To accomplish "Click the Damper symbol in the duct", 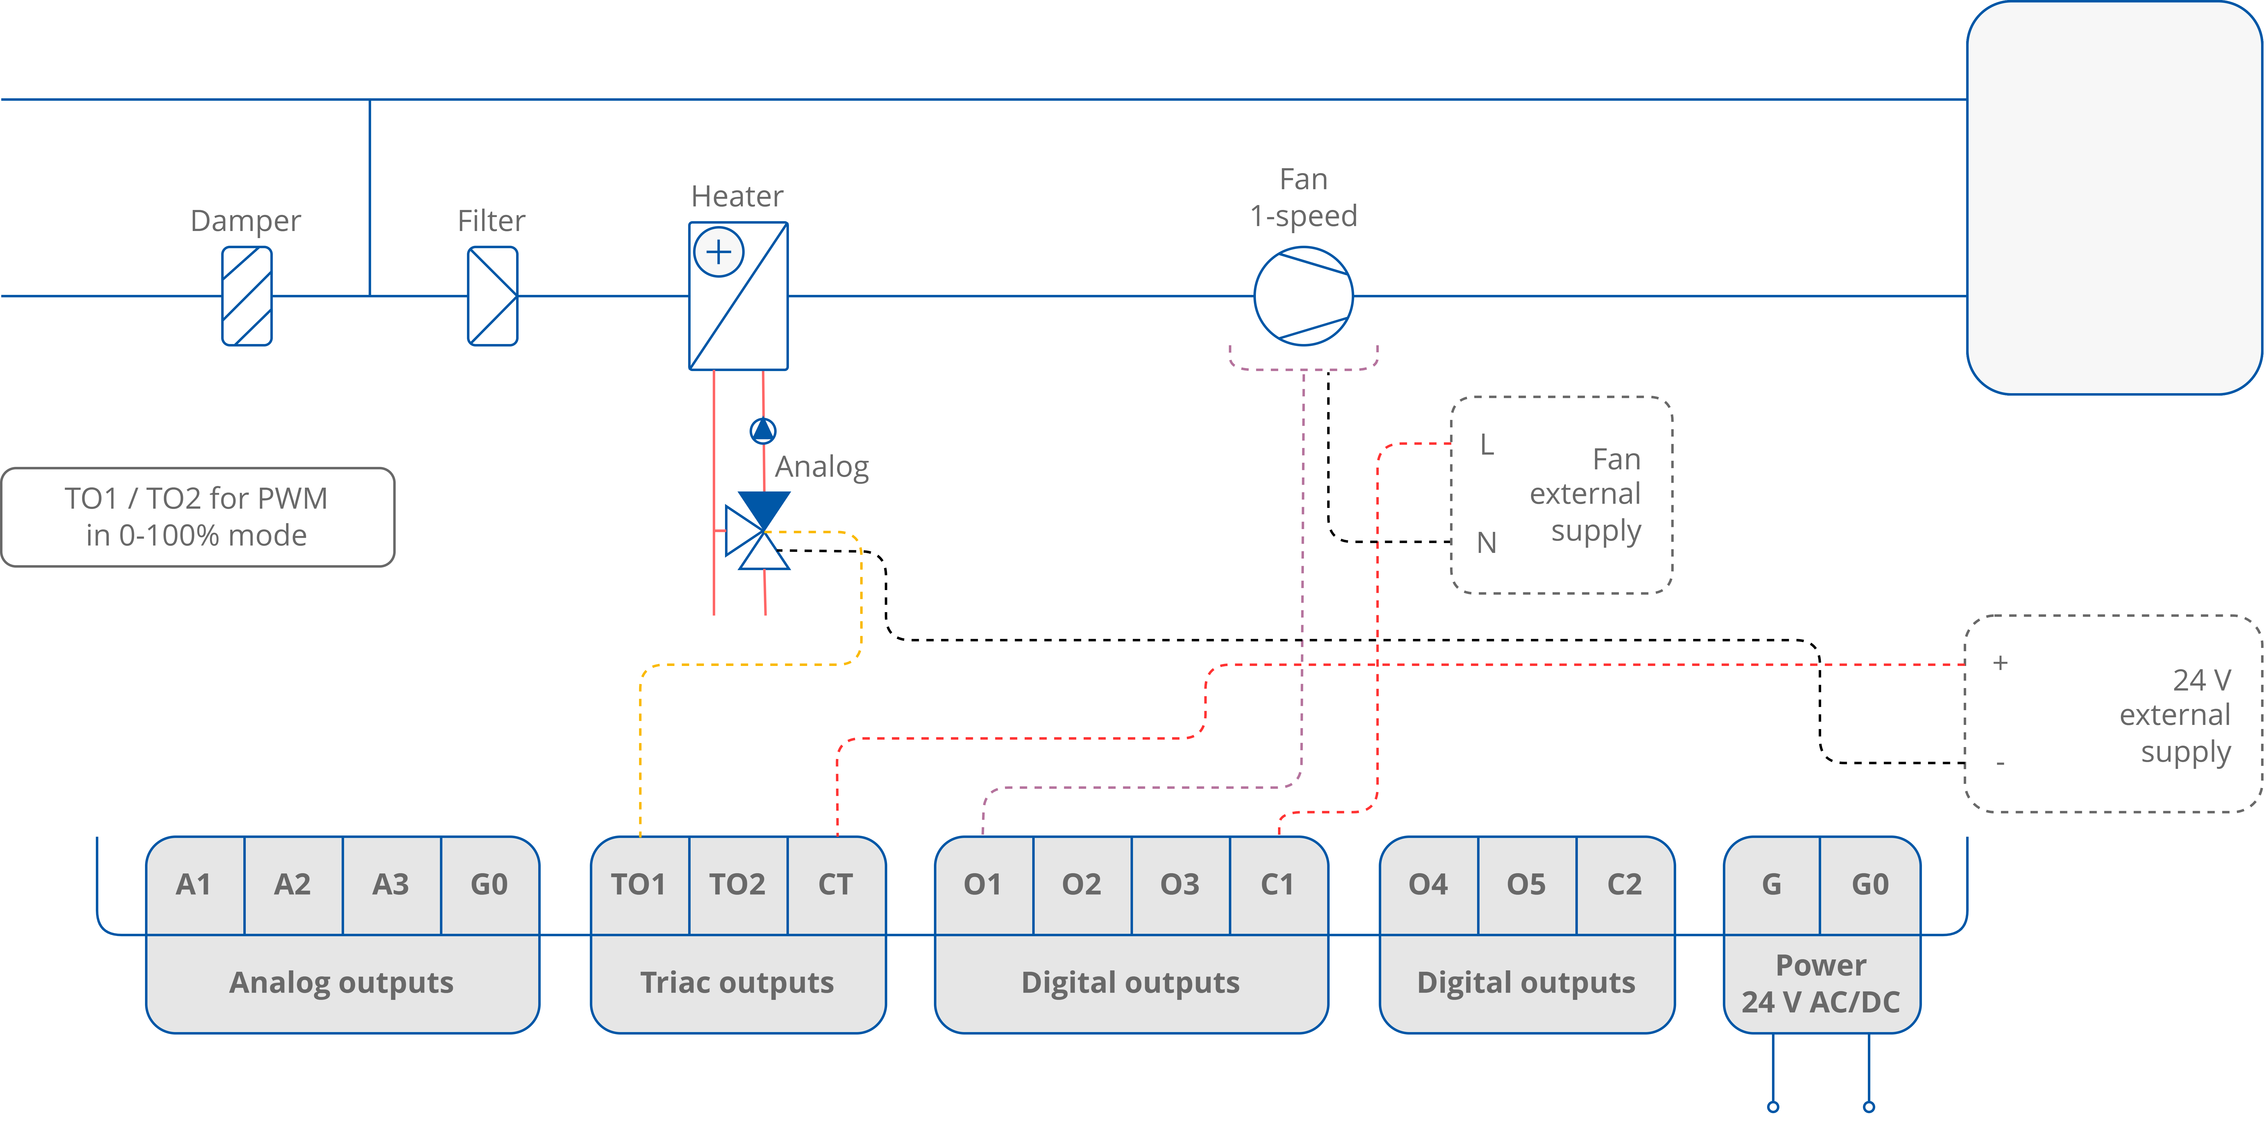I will [x=246, y=295].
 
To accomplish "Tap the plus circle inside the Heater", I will [x=719, y=252].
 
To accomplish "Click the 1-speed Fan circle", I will [x=1303, y=295].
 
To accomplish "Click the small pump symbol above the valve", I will [x=763, y=430].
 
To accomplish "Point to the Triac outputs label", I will [x=737, y=982].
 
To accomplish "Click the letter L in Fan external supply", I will [x=1487, y=445].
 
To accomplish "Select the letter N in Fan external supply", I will [x=1487, y=543].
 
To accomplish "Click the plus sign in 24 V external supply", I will [x=2000, y=662].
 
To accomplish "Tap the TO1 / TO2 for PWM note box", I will [x=197, y=517].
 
